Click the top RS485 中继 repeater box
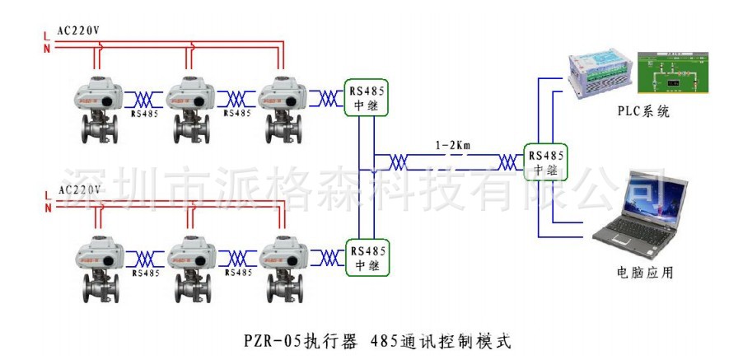[x=367, y=98]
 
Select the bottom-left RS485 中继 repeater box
[x=367, y=258]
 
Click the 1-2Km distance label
[x=452, y=146]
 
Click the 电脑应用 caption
[x=644, y=272]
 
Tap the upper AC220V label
[x=79, y=31]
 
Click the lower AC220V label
[x=79, y=190]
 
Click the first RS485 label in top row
[x=145, y=114]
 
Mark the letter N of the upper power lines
[x=47, y=49]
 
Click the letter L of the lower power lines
[x=47, y=194]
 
